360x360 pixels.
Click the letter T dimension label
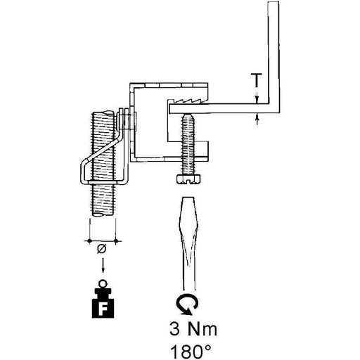click(x=257, y=80)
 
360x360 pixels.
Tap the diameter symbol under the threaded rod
click(x=101, y=248)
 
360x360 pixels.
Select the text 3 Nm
click(x=193, y=329)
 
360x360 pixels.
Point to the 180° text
click(x=191, y=351)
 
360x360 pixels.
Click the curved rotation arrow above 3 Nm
click(x=187, y=304)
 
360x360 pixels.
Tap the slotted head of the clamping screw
click(x=188, y=180)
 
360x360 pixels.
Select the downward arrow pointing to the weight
click(x=103, y=265)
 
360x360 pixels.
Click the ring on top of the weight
click(x=103, y=284)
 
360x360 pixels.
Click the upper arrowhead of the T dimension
click(x=257, y=101)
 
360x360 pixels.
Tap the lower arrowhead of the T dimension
click(x=257, y=117)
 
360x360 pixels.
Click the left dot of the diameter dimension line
click(x=89, y=240)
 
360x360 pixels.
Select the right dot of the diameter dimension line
click(x=116, y=240)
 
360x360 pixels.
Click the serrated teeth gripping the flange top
click(x=190, y=101)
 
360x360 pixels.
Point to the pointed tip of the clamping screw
click(x=188, y=115)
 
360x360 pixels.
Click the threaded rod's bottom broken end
click(x=103, y=214)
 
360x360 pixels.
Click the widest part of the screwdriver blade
click(x=188, y=226)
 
